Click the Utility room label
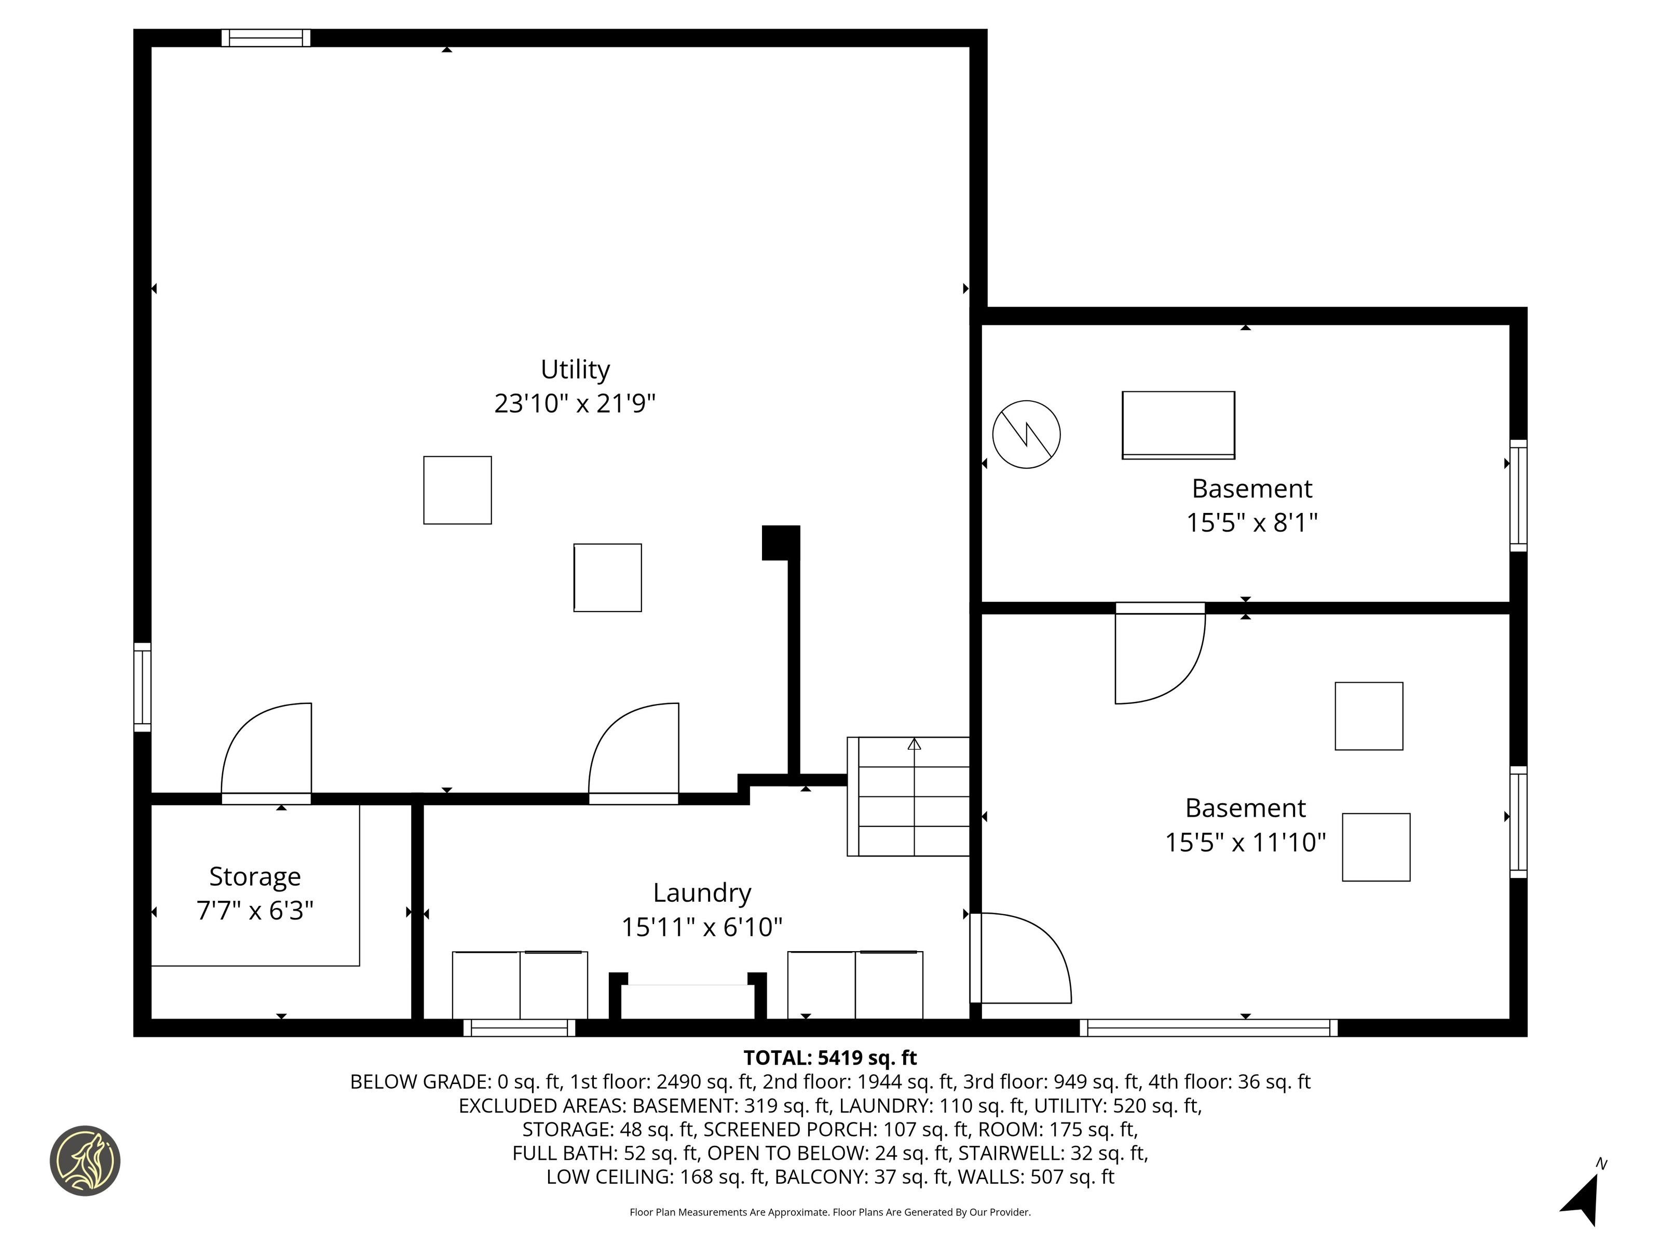(x=575, y=370)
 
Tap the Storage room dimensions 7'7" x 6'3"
(x=254, y=910)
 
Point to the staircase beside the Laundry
(x=908, y=796)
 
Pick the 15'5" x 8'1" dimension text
(x=1252, y=522)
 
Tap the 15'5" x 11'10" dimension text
(x=1246, y=842)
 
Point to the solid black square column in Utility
(x=780, y=542)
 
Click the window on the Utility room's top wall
(x=266, y=37)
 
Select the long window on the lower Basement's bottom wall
(x=1209, y=1027)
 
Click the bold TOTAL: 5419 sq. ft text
(x=830, y=1058)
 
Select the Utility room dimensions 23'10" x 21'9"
(x=575, y=403)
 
